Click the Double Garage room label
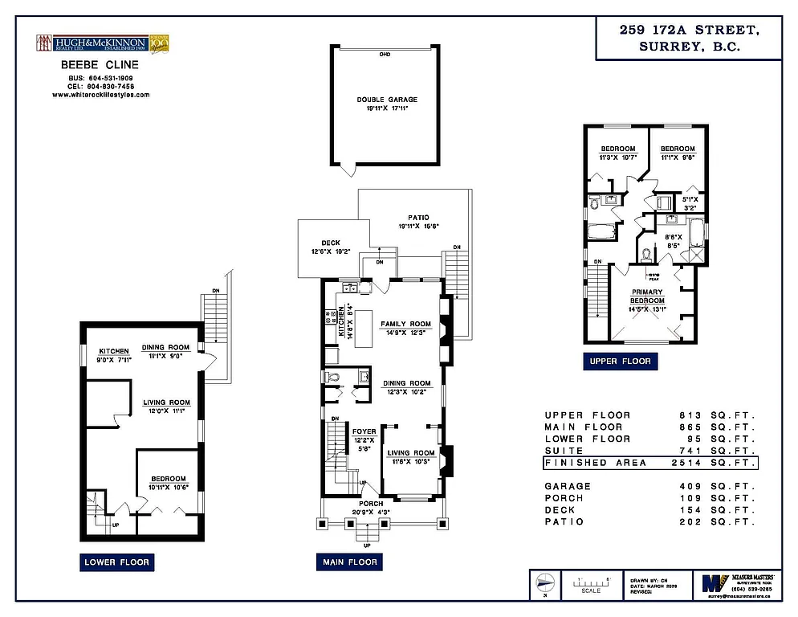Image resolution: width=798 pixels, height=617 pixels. click(x=387, y=100)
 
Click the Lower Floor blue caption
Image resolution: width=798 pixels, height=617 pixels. click(x=117, y=562)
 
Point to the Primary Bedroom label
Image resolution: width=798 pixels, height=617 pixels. click(x=647, y=296)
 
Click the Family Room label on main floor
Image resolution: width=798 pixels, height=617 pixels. click(x=405, y=324)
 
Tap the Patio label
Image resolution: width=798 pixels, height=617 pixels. click(x=418, y=217)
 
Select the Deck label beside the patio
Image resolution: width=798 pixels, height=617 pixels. click(x=331, y=243)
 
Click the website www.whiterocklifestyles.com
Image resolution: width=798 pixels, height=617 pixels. click(x=100, y=95)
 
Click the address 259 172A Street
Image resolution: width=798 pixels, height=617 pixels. click(x=690, y=31)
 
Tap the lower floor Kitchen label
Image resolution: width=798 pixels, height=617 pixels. click(x=113, y=351)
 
